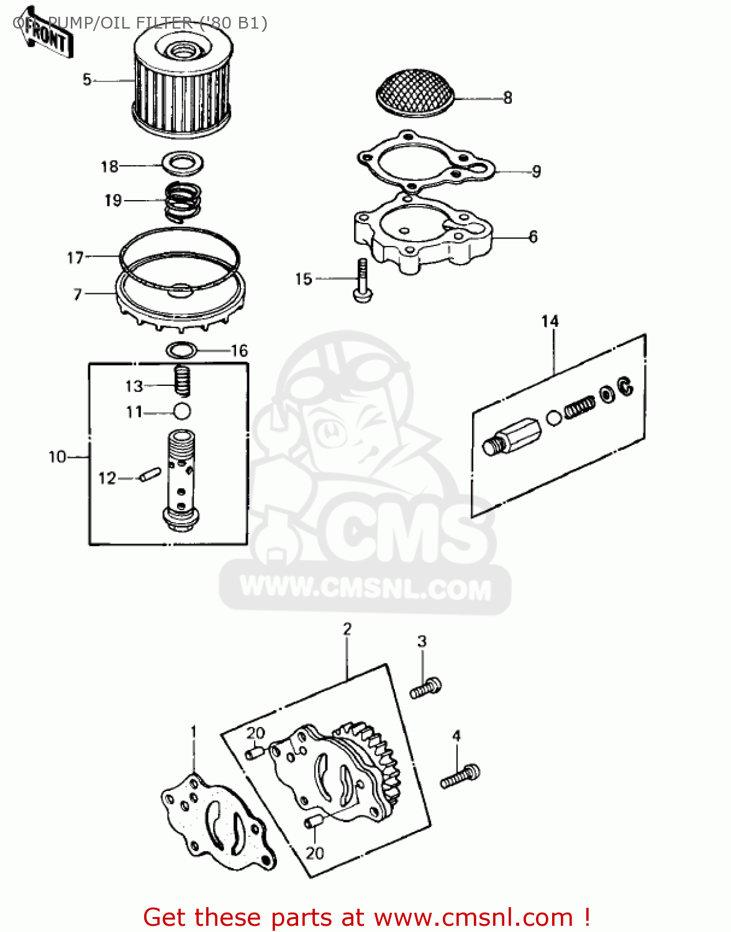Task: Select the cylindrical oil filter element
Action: point(181,87)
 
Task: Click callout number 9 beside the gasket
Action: point(536,171)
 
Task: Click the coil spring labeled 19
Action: point(182,200)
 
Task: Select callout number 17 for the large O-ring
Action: point(75,257)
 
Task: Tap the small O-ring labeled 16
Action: point(182,350)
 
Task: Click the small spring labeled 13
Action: point(181,380)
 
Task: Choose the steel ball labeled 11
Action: point(182,411)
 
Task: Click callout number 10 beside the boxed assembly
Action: point(57,457)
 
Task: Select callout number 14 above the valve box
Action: point(550,321)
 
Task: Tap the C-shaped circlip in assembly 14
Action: point(625,386)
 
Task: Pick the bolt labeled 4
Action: point(460,777)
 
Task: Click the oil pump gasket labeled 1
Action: point(217,820)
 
